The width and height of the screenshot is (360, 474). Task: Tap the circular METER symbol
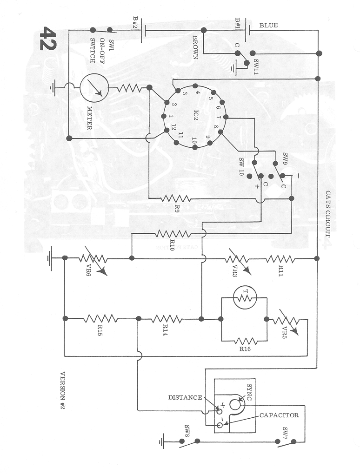[94, 88]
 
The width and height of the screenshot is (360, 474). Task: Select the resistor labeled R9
[175, 198]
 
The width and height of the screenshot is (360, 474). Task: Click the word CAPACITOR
[279, 415]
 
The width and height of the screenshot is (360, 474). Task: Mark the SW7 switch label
[285, 432]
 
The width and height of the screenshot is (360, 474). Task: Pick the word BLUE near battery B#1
[268, 25]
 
